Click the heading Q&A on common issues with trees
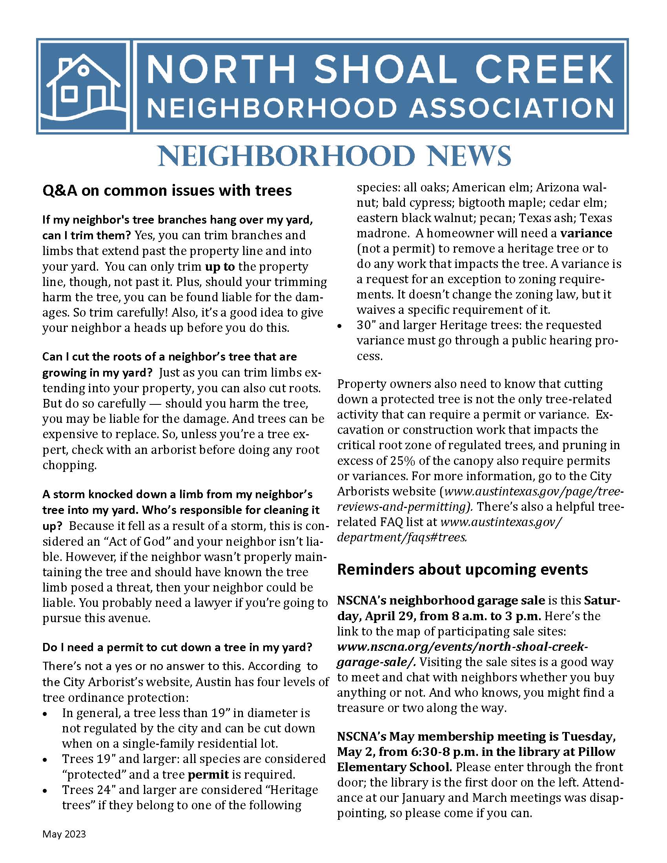[x=167, y=191]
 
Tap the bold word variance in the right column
[x=586, y=233]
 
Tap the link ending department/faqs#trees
[x=402, y=537]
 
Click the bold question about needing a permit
[x=177, y=647]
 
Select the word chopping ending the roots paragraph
[x=69, y=465]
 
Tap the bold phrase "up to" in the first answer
[x=220, y=266]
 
